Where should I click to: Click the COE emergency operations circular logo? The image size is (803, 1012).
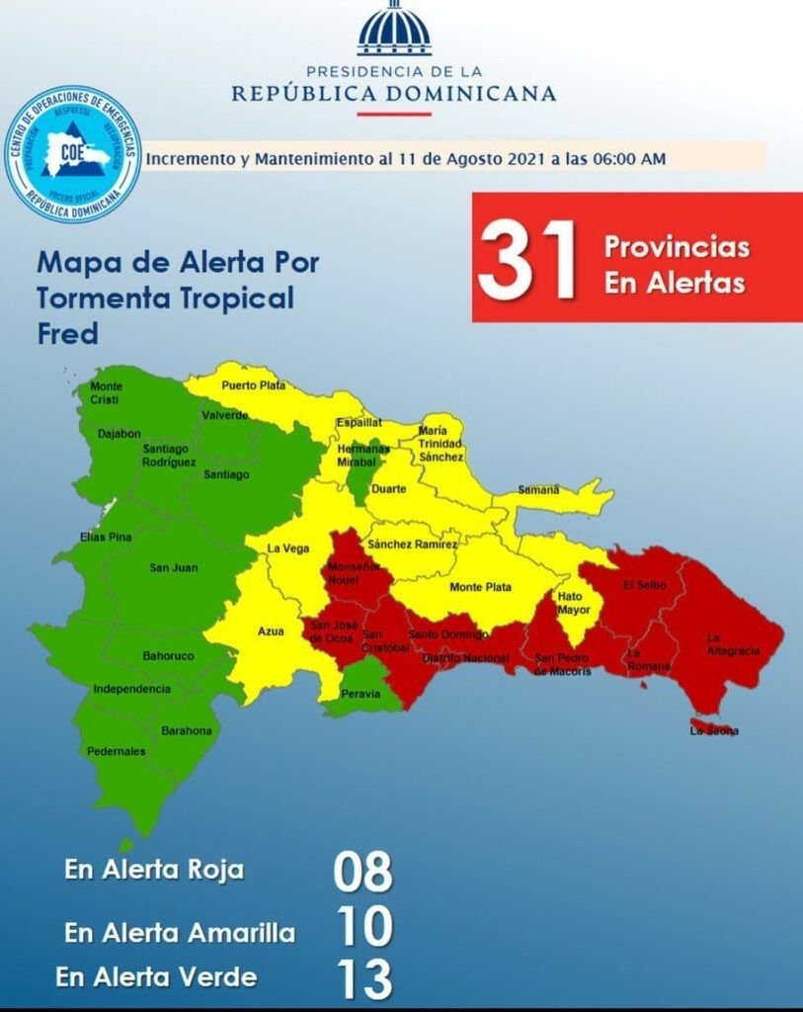pyautogui.click(x=73, y=153)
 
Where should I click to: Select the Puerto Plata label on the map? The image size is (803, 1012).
pyautogui.click(x=253, y=385)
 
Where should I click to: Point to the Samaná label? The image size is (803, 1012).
pyautogui.click(x=539, y=489)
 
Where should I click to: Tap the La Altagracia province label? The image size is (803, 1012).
pyautogui.click(x=733, y=644)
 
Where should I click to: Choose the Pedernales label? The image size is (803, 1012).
pyautogui.click(x=116, y=751)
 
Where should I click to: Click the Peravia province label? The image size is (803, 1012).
pyautogui.click(x=361, y=694)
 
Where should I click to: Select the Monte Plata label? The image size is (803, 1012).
pyautogui.click(x=480, y=587)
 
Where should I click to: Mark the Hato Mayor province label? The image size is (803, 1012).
pyautogui.click(x=573, y=603)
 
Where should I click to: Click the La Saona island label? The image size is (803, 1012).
pyautogui.click(x=713, y=731)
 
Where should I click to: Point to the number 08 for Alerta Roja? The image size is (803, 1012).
pyautogui.click(x=362, y=873)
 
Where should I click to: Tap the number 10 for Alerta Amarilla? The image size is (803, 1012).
pyautogui.click(x=363, y=927)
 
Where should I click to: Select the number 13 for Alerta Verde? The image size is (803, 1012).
pyautogui.click(x=363, y=978)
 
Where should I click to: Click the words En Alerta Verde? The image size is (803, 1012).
pyautogui.click(x=156, y=977)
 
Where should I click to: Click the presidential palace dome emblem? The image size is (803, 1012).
pyautogui.click(x=395, y=30)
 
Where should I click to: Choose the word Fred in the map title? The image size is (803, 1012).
pyautogui.click(x=67, y=333)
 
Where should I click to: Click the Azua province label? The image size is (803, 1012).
pyautogui.click(x=271, y=631)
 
